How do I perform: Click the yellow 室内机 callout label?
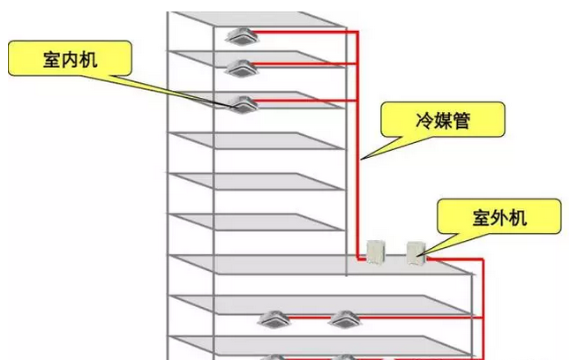point(71,59)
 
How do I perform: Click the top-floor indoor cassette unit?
point(241,36)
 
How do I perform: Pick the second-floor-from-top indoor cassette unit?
point(241,66)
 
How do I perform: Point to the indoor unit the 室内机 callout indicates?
point(241,103)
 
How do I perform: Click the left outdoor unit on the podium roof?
point(377,251)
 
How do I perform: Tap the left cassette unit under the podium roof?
point(272,319)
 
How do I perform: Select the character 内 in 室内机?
point(71,59)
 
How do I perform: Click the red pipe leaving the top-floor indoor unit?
point(300,33)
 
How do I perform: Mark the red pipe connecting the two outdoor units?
point(396,259)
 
